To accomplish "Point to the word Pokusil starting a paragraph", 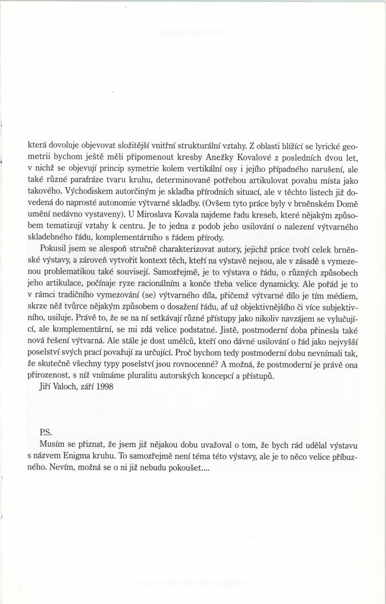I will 52,249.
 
